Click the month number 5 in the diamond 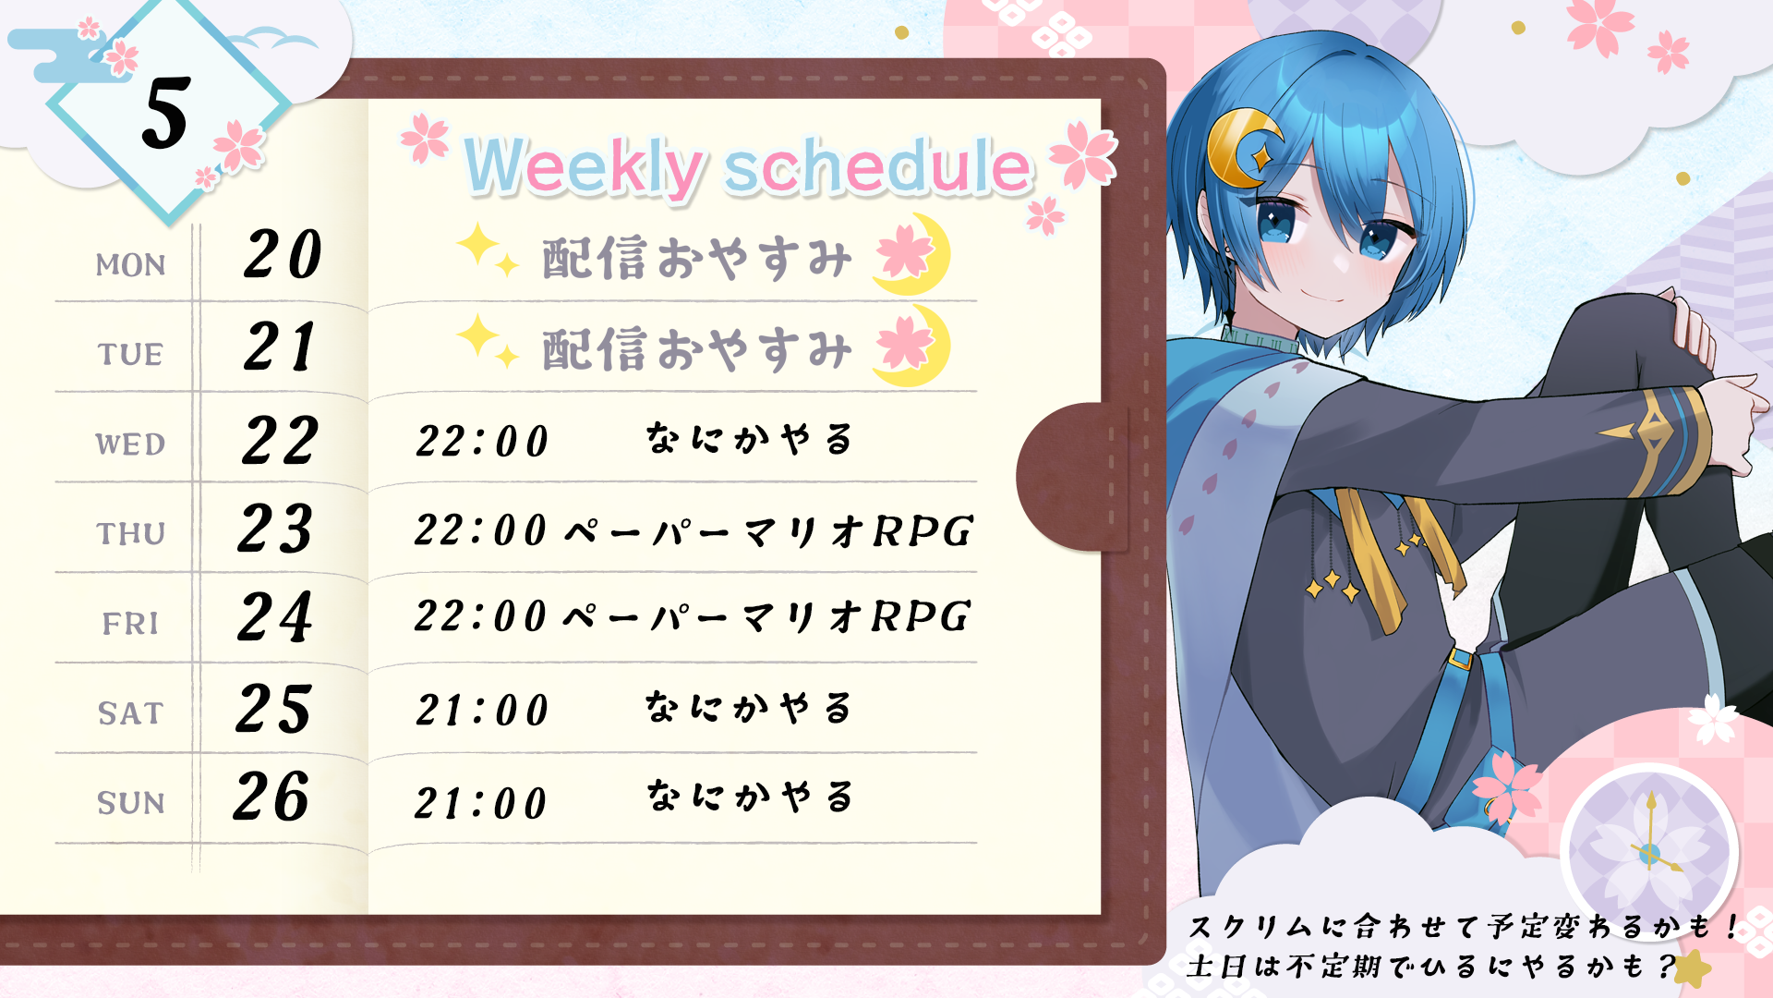[167, 113]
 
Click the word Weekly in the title [584, 167]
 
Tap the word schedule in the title [877, 166]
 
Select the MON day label [130, 265]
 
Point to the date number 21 [281, 347]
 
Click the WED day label [130, 444]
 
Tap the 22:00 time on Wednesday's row [482, 442]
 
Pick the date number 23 [275, 529]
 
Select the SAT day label [130, 713]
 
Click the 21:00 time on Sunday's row [481, 803]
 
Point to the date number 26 [271, 797]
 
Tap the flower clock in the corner [1649, 853]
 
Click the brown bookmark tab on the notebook [1071, 477]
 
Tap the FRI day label [130, 624]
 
